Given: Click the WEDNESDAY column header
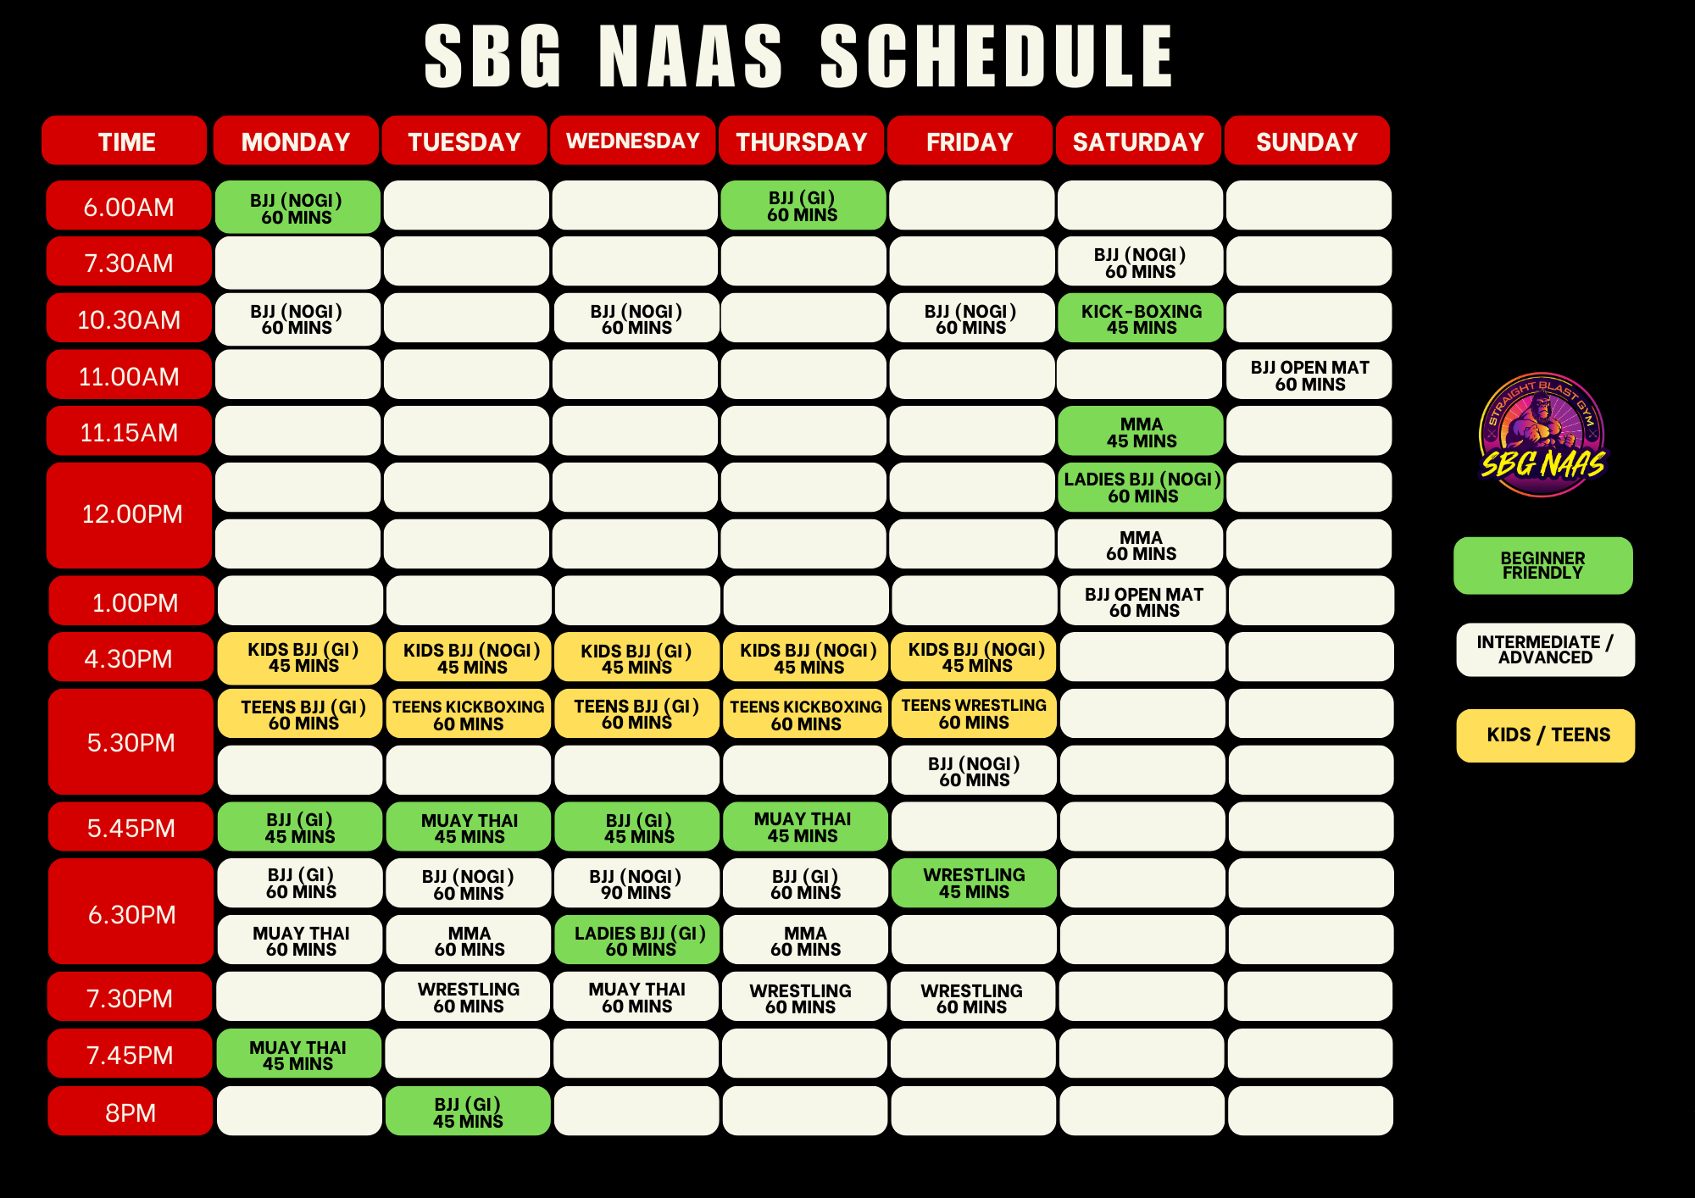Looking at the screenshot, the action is pos(633,141).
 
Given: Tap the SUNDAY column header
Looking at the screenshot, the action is pos(1307,141).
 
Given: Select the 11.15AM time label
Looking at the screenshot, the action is pos(129,431).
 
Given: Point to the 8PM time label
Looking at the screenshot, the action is pos(131,1111).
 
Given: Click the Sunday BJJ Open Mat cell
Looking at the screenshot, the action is pos(1309,374).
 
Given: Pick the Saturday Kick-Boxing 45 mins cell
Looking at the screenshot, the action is pos(1141,318).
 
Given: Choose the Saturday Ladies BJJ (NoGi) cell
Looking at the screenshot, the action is pos(1141,487).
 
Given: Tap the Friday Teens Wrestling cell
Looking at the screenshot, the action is pos(974,713).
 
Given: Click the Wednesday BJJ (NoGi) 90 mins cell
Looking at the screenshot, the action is pos(636,883).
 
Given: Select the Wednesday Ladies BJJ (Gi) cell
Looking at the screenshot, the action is pos(637,940).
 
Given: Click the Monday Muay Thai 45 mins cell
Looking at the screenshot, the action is pos(298,1053).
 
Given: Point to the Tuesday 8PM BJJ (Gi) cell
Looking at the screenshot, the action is pos(468,1111).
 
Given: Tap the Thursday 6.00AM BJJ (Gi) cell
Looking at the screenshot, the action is pos(803,205).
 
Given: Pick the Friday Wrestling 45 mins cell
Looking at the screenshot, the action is pos(974,883).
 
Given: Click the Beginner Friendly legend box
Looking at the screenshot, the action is pos(1543,565).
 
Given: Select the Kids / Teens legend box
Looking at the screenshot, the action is pos(1546,735).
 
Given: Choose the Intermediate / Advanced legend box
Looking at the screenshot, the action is pos(1546,650).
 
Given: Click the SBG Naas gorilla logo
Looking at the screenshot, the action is pos(1542,435).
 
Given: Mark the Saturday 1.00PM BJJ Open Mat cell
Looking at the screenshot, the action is pos(1143,601).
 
